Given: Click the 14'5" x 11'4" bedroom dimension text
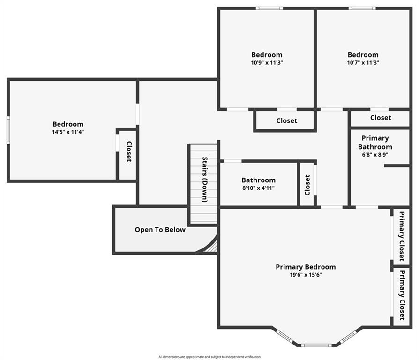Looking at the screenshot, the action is click(x=68, y=132).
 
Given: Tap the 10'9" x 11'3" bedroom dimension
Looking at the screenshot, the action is click(x=267, y=63).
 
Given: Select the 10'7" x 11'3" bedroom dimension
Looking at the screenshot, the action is click(x=363, y=63).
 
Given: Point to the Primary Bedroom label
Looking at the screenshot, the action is click(x=306, y=267).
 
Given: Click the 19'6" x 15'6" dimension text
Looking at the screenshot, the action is click(x=306, y=275).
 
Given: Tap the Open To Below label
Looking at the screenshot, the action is click(x=160, y=230).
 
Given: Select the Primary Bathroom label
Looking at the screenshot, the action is click(x=375, y=142).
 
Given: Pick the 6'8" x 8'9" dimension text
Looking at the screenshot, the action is click(x=375, y=155).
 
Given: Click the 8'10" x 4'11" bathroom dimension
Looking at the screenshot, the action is click(x=258, y=188).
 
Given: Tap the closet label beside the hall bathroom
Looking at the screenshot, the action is click(x=307, y=185).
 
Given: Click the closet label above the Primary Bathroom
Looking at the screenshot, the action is click(x=381, y=118).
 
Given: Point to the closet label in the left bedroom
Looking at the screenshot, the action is click(x=129, y=151).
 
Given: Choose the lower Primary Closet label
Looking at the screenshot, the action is click(x=402, y=295).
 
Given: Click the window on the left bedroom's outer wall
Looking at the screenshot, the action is click(x=8, y=130).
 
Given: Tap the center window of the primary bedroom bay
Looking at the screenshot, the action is click(x=316, y=345).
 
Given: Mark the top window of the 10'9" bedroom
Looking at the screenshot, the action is click(x=269, y=8).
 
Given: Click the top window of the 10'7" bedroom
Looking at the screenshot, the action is click(x=362, y=8).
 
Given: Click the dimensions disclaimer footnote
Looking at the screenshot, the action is click(x=209, y=357).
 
